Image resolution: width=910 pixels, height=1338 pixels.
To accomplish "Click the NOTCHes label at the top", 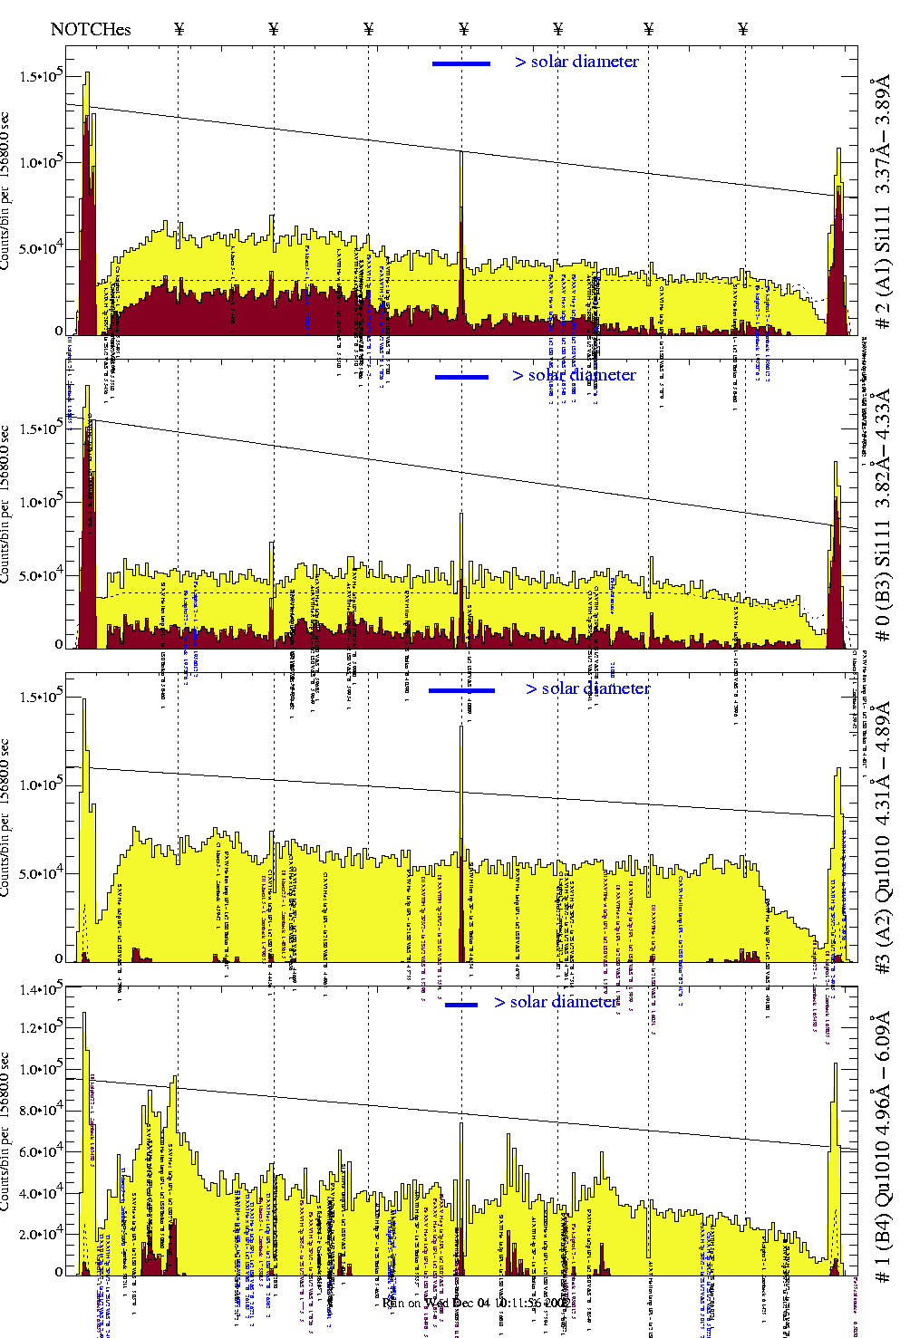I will [x=91, y=29].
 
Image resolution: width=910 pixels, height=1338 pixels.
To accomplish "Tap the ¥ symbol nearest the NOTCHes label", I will [x=179, y=29].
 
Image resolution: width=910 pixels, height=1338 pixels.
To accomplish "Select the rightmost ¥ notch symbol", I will [x=743, y=29].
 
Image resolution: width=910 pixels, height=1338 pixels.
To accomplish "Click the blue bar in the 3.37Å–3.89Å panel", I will [x=461, y=63].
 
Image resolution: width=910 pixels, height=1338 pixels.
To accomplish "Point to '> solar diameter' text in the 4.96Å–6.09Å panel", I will [x=556, y=1002].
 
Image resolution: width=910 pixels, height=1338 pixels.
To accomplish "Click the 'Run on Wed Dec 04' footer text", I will [x=475, y=1303].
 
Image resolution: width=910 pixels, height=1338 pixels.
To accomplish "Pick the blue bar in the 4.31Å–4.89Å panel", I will [x=461, y=690].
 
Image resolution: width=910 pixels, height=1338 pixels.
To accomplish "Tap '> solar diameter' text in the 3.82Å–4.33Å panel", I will [x=574, y=375].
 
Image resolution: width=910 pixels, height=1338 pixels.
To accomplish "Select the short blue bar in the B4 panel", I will [x=461, y=1005].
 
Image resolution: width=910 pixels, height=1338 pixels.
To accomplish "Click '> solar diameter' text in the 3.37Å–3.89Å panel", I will [x=576, y=62].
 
